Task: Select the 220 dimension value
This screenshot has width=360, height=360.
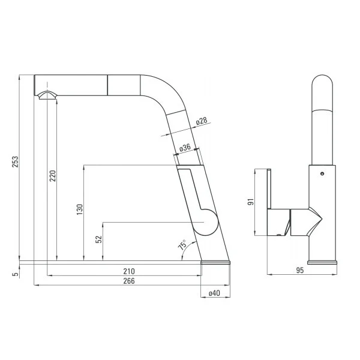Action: pyautogui.click(x=52, y=176)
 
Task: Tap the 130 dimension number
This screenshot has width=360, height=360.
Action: pyautogui.click(x=79, y=209)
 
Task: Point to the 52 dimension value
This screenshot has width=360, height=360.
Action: pyautogui.click(x=99, y=238)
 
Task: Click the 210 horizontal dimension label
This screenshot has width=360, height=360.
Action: pyautogui.click(x=128, y=271)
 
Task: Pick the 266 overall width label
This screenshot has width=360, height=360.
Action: pyautogui.click(x=128, y=280)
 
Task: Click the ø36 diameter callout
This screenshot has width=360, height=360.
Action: pyautogui.click(x=185, y=147)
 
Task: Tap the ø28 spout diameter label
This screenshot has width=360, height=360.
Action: pyautogui.click(x=201, y=122)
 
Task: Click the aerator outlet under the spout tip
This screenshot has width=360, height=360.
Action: pyautogui.click(x=47, y=95)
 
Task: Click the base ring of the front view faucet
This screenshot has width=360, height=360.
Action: pyautogui.click(x=323, y=262)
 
